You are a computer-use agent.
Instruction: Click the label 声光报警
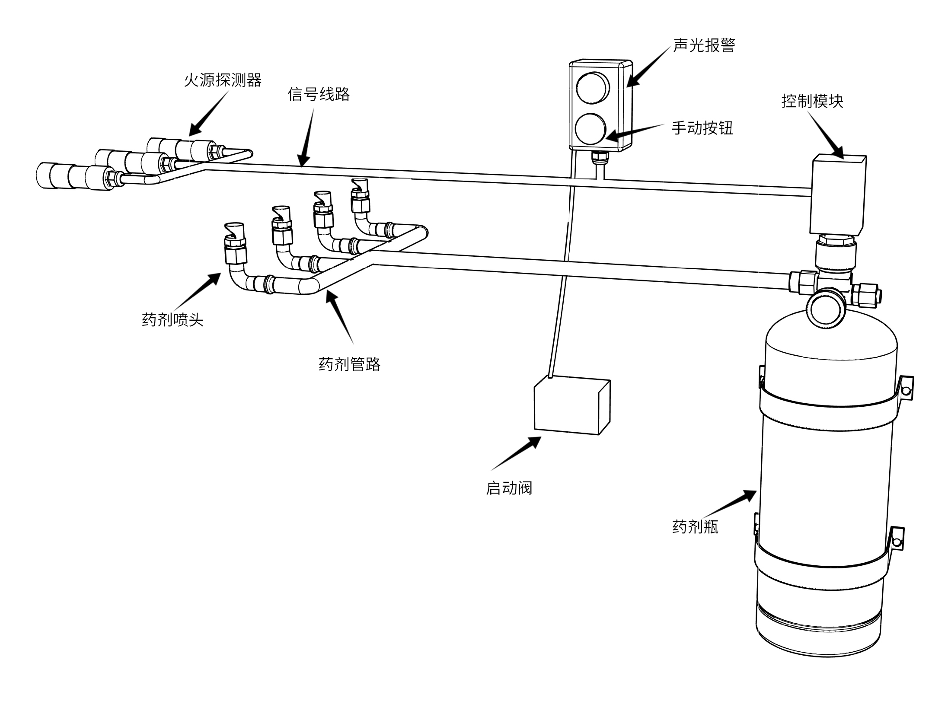pos(704,45)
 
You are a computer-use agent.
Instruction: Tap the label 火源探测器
pos(223,80)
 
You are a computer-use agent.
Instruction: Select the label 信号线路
pos(319,94)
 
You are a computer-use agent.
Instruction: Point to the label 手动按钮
pos(702,128)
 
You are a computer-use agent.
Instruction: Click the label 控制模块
pos(812,101)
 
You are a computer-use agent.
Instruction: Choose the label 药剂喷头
pos(172,320)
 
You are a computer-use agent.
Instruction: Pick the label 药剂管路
pos(349,364)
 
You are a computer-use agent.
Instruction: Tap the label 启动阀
pos(509,488)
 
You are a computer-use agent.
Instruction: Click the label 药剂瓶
pos(695,527)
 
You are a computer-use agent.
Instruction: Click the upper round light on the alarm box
pos(592,88)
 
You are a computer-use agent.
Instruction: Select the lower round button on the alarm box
pos(591,128)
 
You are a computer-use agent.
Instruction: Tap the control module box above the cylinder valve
pos(837,194)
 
